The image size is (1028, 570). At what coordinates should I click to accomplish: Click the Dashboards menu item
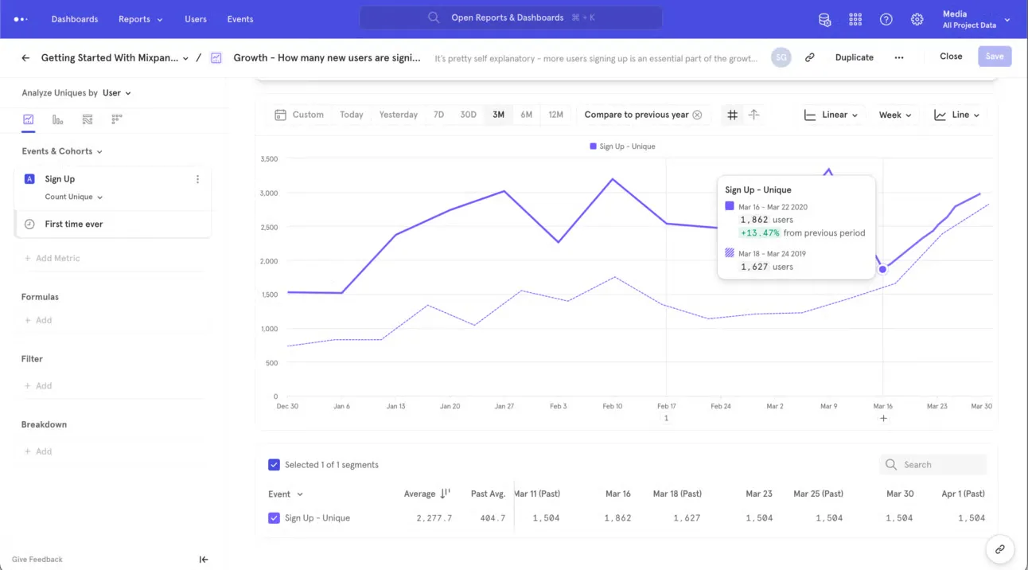pos(74,19)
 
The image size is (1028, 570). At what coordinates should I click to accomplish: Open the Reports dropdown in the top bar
pos(140,19)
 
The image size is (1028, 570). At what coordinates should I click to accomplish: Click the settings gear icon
pos(917,19)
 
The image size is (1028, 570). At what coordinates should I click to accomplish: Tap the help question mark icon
pos(886,19)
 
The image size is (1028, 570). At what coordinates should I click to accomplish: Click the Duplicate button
pos(854,57)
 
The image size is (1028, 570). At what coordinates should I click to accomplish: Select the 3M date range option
pos(498,115)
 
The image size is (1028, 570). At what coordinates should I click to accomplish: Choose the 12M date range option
pos(555,115)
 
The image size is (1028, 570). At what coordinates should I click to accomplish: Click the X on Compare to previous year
pos(697,115)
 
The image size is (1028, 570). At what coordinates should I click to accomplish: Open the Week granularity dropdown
pos(894,115)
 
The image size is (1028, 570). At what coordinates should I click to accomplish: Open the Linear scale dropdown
pos(831,115)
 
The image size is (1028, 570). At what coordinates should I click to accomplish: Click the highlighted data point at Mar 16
pos(882,269)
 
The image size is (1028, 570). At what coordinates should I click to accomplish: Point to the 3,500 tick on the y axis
pos(269,159)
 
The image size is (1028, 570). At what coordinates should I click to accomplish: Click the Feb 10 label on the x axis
pos(612,406)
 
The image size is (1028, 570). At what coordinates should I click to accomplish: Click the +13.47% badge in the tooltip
pos(759,233)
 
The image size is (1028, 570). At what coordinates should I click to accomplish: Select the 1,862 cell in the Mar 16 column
pos(617,518)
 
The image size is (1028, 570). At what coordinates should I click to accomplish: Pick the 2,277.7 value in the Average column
pos(434,518)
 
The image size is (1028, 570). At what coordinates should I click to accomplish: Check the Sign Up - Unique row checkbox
pos(274,518)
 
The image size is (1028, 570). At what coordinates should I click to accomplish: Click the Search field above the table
pos(939,465)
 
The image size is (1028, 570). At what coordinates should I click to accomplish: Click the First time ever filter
pos(74,224)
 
